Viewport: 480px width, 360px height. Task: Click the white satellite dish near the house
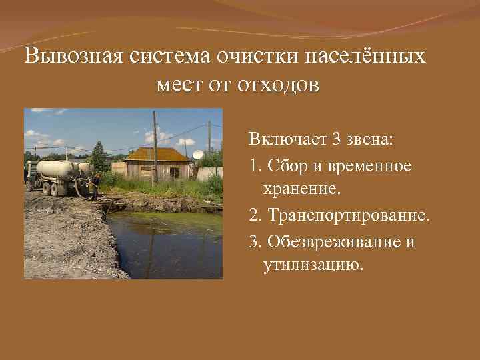pos(198,155)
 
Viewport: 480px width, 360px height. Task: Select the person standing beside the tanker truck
pos(95,186)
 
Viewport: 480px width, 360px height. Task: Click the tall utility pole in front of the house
pos(155,150)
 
